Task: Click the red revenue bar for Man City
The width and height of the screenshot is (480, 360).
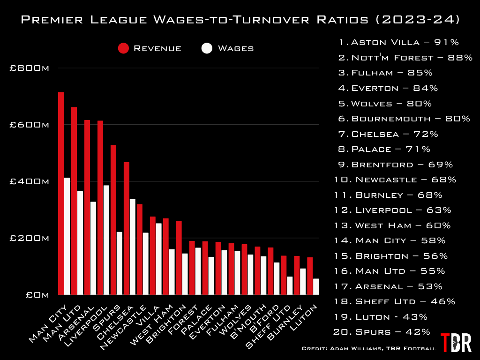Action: [61, 193]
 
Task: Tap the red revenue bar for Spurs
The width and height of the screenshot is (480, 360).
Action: [113, 220]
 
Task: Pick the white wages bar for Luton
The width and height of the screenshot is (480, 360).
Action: [316, 287]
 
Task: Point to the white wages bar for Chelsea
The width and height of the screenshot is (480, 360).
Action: [133, 247]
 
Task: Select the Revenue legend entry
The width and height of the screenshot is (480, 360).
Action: [150, 48]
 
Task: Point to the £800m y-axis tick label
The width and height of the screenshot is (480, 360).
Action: [30, 68]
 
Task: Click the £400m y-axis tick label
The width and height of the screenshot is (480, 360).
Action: [30, 182]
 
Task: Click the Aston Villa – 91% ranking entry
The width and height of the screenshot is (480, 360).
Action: [398, 42]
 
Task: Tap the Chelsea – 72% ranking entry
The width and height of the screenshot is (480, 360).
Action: [388, 134]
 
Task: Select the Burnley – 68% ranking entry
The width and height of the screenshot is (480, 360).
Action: [388, 195]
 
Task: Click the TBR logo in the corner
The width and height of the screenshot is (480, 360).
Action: [456, 343]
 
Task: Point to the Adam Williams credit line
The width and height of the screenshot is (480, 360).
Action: [369, 349]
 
